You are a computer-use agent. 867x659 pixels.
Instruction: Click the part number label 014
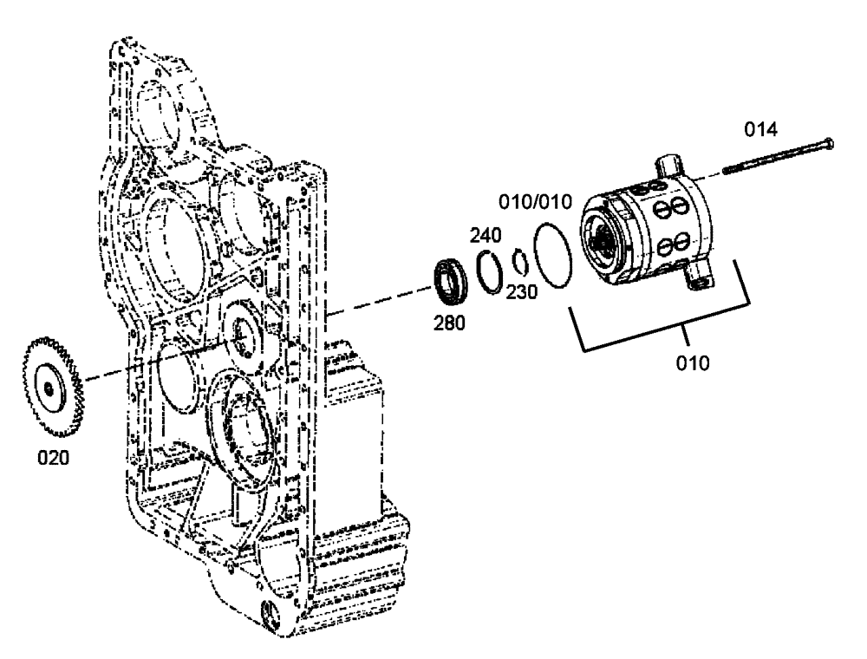pos(761,129)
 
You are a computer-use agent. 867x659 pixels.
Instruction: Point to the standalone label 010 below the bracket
pos(693,362)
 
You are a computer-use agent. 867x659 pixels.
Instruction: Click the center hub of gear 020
pos(50,390)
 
